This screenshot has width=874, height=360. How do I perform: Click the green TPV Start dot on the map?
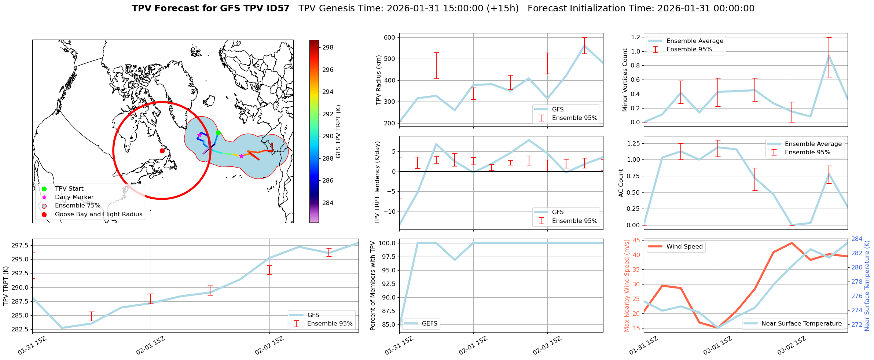click(x=218, y=133)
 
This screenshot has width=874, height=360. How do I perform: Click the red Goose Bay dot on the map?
click(x=162, y=151)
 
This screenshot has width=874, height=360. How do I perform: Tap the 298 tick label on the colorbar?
click(x=328, y=47)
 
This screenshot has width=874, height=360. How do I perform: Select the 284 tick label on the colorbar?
click(x=328, y=203)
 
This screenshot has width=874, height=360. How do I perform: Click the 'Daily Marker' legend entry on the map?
click(x=74, y=197)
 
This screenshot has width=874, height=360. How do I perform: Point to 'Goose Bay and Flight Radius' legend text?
click(x=98, y=214)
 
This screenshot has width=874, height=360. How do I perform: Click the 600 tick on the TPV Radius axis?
click(x=389, y=37)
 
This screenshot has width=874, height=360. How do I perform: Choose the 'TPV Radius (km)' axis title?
click(x=379, y=80)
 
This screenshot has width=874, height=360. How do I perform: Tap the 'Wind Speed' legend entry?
click(x=684, y=247)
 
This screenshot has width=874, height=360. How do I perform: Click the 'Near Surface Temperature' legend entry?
click(x=801, y=324)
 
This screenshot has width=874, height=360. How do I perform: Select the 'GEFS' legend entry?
click(x=429, y=324)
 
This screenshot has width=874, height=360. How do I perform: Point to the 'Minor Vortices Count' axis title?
click(x=625, y=80)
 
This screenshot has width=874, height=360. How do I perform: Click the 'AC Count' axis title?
click(x=621, y=183)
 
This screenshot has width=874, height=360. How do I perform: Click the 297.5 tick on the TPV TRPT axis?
click(x=20, y=245)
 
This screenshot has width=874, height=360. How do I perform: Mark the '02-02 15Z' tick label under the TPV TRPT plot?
click(x=269, y=346)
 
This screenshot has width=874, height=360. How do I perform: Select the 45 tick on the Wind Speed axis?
click(x=636, y=240)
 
